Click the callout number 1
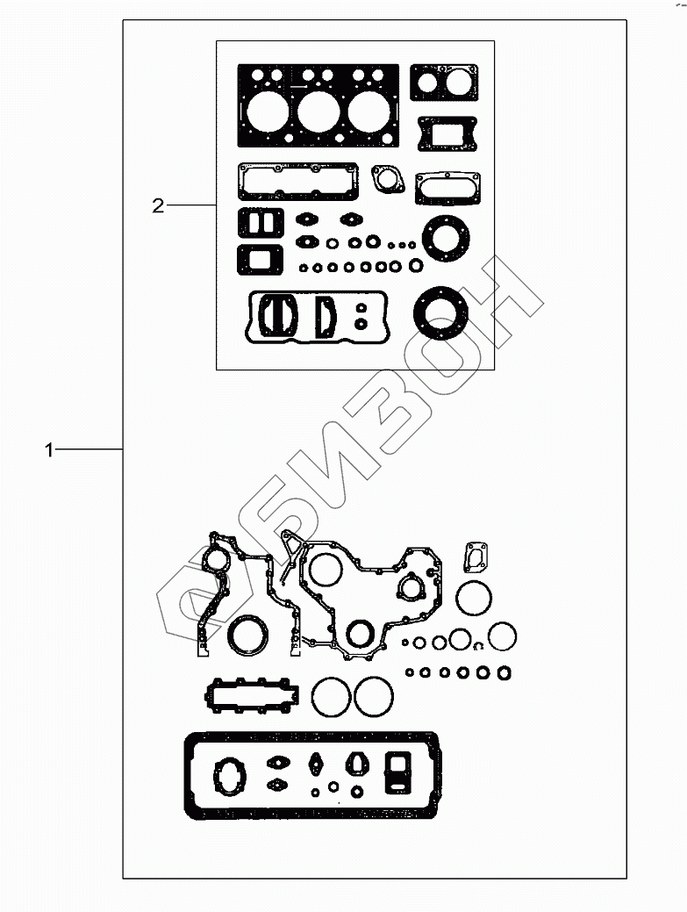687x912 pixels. [49, 449]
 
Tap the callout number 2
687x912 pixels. [158, 206]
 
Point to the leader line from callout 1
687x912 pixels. [89, 449]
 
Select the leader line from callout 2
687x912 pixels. [191, 205]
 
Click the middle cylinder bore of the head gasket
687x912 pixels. [318, 112]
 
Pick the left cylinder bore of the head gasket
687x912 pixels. [267, 111]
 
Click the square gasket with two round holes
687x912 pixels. [444, 82]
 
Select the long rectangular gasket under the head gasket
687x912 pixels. [298, 182]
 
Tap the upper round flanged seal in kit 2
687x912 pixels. [446, 238]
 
